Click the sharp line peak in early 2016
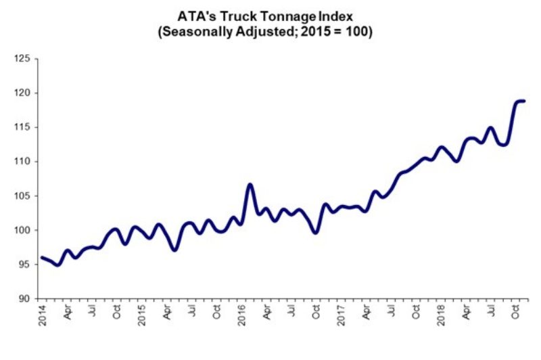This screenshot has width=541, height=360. coord(250,184)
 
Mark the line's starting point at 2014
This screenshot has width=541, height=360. coord(41,257)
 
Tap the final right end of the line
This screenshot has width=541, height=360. coord(524,101)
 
